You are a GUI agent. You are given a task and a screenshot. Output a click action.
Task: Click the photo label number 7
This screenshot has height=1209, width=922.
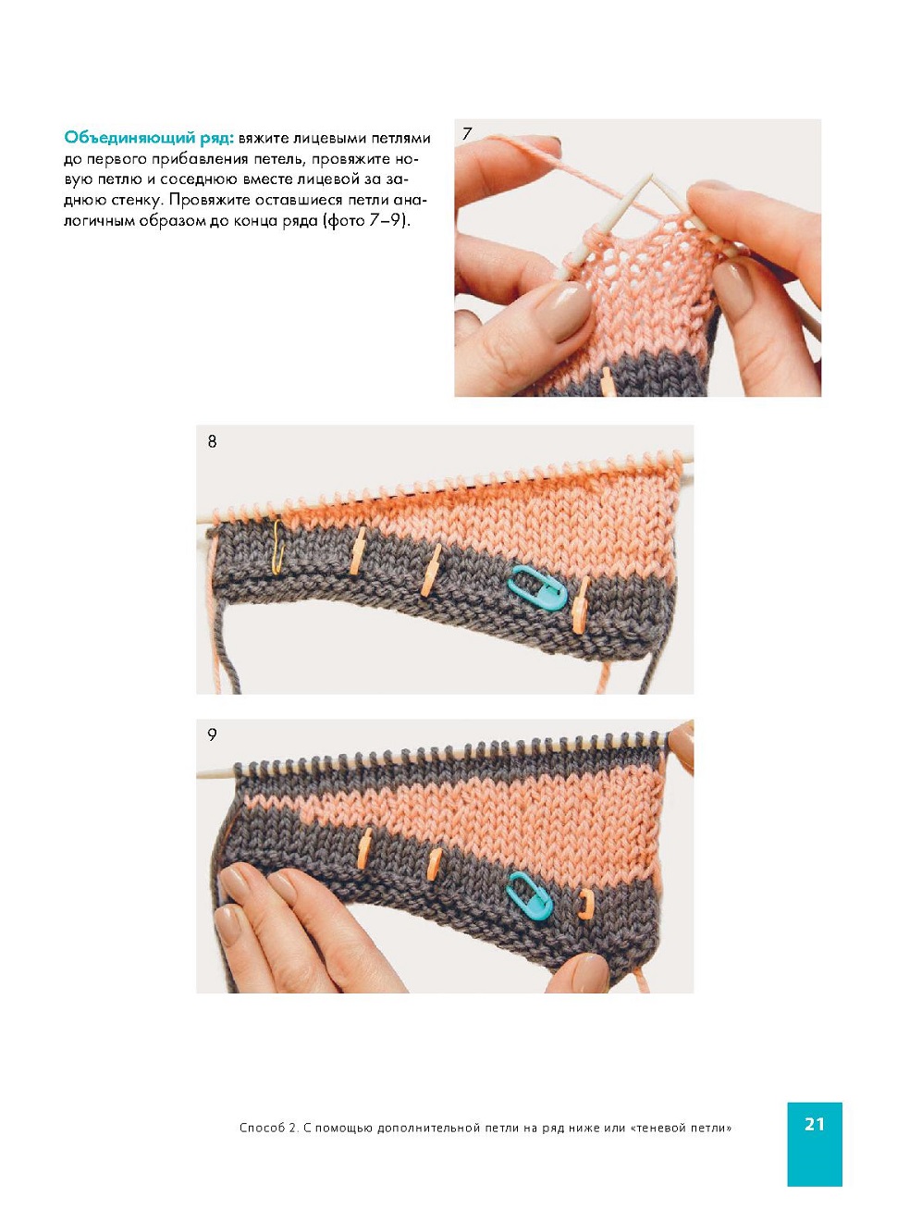pos(467,134)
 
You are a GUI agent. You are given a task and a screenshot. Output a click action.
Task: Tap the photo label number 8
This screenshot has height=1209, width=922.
pos(212,441)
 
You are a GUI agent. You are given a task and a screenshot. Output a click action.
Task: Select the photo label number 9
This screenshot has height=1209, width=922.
pos(212,734)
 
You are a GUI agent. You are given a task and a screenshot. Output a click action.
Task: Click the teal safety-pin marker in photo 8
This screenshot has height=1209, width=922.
pos(536,587)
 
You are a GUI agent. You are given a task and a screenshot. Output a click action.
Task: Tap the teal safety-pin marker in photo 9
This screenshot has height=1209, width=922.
pos(529,896)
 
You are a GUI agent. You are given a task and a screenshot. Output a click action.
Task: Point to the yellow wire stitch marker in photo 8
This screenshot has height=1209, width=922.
pos(277,547)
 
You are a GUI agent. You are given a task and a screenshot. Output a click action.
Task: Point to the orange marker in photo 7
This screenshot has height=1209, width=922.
pos(608,382)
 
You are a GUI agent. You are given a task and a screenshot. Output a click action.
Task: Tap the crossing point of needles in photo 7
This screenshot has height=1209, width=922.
pos(652,177)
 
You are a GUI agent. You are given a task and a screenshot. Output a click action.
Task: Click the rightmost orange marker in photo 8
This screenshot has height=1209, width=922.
pos(580,605)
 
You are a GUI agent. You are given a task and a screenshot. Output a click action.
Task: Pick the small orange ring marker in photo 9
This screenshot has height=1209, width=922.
pos(585,906)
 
